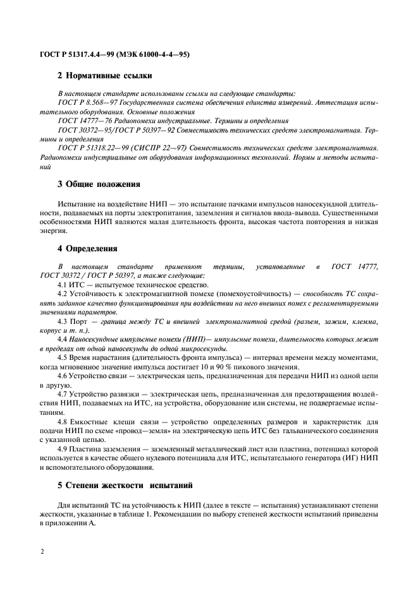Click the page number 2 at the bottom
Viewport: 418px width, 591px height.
(x=42, y=551)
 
